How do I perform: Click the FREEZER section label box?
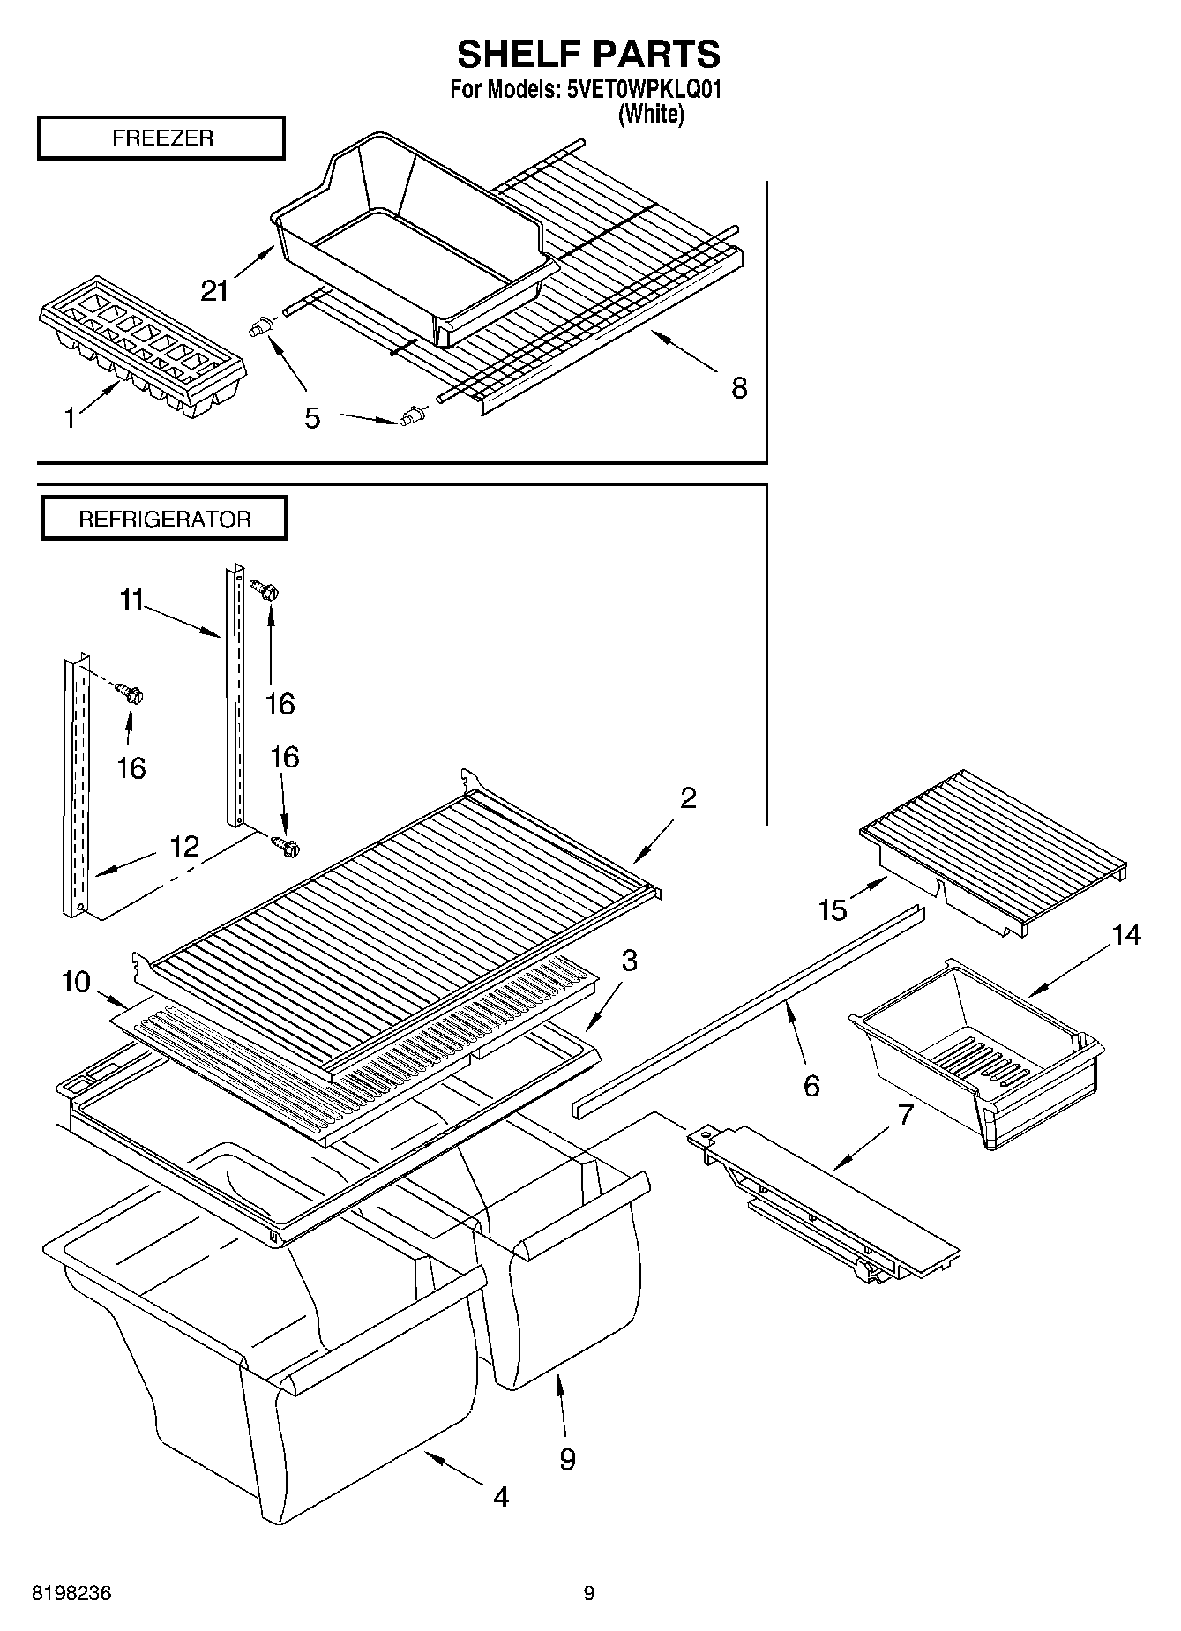click(x=161, y=138)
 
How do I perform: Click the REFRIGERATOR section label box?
click(x=164, y=519)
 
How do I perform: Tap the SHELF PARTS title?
click(x=588, y=55)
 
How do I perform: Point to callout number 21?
click(x=214, y=289)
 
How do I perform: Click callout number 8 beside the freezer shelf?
click(x=739, y=387)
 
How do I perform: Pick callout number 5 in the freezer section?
click(x=312, y=417)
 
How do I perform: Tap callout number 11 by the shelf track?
click(x=131, y=601)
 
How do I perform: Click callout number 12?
click(x=183, y=846)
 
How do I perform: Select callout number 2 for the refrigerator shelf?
click(x=688, y=797)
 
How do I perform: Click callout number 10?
click(x=77, y=980)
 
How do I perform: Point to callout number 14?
click(x=1126, y=935)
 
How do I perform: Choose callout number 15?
click(x=833, y=909)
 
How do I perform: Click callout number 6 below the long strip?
click(x=811, y=1084)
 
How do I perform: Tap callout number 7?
click(x=905, y=1114)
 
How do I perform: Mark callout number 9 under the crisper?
click(x=567, y=1459)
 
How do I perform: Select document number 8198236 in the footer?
click(x=71, y=1593)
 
